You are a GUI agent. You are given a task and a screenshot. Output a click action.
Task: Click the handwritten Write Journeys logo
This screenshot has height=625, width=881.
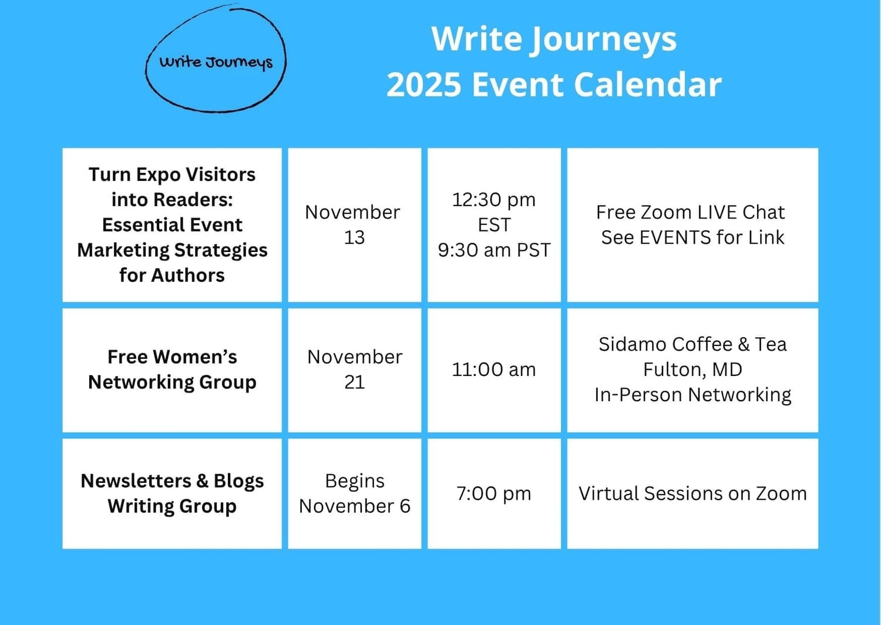pyautogui.click(x=216, y=59)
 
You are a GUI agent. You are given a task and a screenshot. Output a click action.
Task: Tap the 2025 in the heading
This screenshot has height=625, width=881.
pyautogui.click(x=423, y=85)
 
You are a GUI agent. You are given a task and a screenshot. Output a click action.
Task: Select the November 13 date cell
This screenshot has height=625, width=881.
pyautogui.click(x=354, y=225)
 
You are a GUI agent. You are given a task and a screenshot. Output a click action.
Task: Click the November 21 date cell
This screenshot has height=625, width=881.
pyautogui.click(x=354, y=370)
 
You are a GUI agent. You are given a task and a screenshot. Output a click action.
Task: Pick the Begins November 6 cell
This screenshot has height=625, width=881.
pyautogui.click(x=354, y=493)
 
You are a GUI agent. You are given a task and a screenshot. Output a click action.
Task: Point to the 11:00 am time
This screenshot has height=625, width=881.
pyautogui.click(x=494, y=369)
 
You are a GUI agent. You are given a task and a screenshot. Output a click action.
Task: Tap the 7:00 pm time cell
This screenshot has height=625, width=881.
pyautogui.click(x=494, y=493)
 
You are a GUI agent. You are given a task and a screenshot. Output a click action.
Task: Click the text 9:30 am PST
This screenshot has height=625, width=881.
pyautogui.click(x=494, y=250)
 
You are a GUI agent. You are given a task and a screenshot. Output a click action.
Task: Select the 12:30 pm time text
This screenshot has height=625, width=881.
pyautogui.click(x=494, y=200)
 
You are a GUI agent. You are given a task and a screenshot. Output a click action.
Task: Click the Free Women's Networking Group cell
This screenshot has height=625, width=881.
pyautogui.click(x=172, y=370)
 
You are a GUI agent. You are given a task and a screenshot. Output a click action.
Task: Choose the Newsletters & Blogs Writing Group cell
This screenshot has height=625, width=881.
pyautogui.click(x=172, y=493)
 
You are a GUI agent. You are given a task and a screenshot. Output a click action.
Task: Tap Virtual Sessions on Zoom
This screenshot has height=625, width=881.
pyautogui.click(x=692, y=493)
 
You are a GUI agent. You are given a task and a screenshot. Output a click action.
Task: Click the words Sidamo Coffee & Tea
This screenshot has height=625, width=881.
pyautogui.click(x=692, y=345)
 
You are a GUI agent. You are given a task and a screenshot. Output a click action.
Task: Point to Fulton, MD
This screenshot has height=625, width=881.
pyautogui.click(x=692, y=369)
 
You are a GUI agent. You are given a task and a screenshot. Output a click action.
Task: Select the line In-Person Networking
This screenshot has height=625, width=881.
pyautogui.click(x=692, y=395)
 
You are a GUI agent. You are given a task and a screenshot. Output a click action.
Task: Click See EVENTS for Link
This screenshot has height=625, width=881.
pyautogui.click(x=692, y=237)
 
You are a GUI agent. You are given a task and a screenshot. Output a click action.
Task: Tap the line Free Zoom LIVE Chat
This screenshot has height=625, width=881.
pyautogui.click(x=690, y=213)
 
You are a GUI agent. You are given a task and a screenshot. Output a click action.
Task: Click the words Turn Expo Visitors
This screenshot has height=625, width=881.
pyautogui.click(x=172, y=174)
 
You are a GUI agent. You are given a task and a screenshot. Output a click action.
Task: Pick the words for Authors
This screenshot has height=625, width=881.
pyautogui.click(x=172, y=275)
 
